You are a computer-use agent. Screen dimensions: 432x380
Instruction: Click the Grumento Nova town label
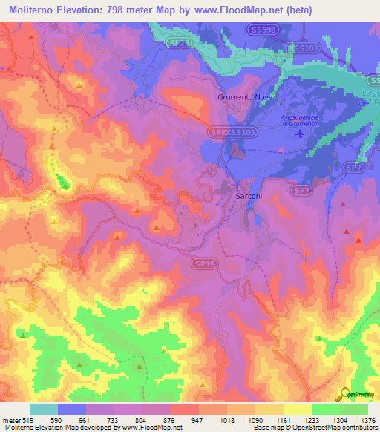coord(245,97)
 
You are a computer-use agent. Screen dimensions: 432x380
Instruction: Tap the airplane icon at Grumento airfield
coord(299,134)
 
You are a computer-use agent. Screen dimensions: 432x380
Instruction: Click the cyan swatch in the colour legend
coord(44,409)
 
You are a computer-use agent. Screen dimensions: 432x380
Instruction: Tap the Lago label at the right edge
coord(373,91)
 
